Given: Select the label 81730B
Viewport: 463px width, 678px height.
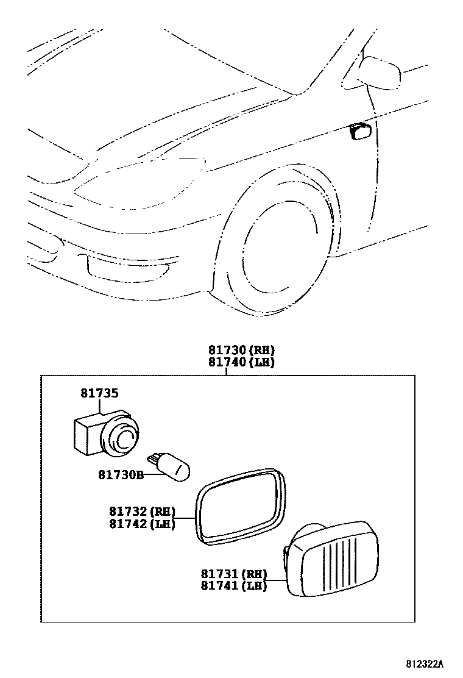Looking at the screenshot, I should [x=120, y=474].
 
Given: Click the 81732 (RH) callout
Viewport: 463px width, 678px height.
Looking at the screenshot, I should [x=142, y=512].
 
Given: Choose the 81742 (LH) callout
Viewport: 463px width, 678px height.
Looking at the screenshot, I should [x=142, y=524].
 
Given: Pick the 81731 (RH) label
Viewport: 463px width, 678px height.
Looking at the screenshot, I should [x=234, y=574].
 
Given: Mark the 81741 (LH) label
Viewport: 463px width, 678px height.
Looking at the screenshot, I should [x=234, y=586].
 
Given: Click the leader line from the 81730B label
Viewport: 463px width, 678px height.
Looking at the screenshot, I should [x=152, y=473].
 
